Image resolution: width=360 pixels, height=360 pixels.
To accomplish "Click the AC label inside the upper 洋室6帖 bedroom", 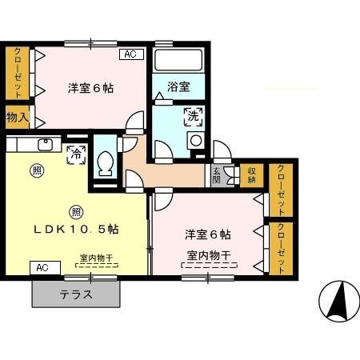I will click(131, 54).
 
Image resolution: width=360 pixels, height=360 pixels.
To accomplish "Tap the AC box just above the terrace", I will click(42, 267).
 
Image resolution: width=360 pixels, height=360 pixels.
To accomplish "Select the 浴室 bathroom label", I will click(178, 86).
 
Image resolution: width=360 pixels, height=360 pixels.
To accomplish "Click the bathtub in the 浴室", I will click(178, 61).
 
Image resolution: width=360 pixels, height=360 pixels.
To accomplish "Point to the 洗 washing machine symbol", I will click(192, 117).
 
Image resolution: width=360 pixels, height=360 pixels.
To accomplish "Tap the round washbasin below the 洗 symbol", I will click(194, 140).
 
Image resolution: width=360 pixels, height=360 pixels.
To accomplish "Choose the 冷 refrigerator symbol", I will click(76, 150).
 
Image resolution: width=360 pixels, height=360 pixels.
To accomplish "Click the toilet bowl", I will click(104, 163).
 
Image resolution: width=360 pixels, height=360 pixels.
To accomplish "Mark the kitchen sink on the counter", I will click(45, 145).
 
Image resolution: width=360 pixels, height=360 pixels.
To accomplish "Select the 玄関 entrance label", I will click(217, 175).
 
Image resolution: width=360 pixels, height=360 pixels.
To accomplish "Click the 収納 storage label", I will click(251, 174).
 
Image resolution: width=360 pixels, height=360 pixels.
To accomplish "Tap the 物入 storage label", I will click(18, 118).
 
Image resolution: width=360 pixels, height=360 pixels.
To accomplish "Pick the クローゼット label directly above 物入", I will click(18, 73).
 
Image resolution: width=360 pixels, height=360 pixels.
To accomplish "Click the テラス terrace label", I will click(76, 294).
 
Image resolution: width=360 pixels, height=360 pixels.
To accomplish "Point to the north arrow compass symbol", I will click(338, 303).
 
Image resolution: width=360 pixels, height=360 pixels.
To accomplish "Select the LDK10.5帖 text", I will click(76, 229).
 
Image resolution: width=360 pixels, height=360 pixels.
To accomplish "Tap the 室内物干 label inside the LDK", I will click(96, 258).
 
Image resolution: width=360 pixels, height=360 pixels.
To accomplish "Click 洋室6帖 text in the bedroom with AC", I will click(90, 87).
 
